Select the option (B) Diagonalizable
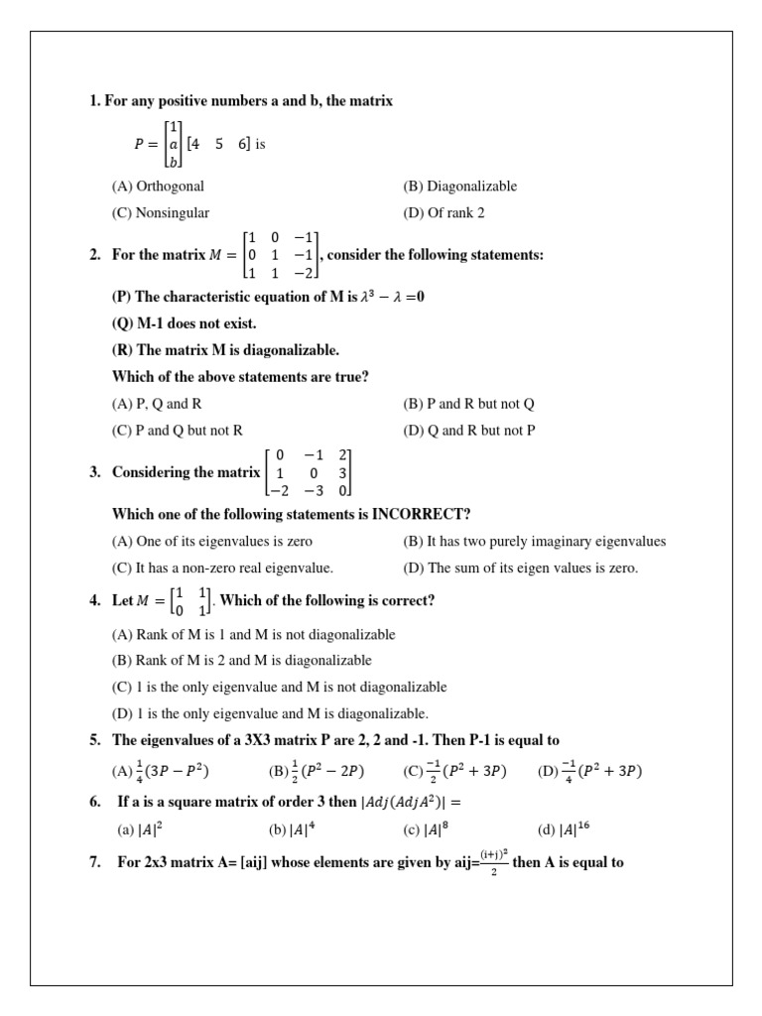tap(459, 186)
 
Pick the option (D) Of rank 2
tap(444, 212)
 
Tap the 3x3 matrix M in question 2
tap(282, 255)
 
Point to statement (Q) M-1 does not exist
tap(185, 323)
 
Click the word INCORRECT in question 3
tap(421, 514)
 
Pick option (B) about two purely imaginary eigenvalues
tap(534, 542)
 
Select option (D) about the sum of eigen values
tap(521, 569)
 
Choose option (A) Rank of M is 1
tap(253, 634)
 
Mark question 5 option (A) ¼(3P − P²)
tap(160, 771)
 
